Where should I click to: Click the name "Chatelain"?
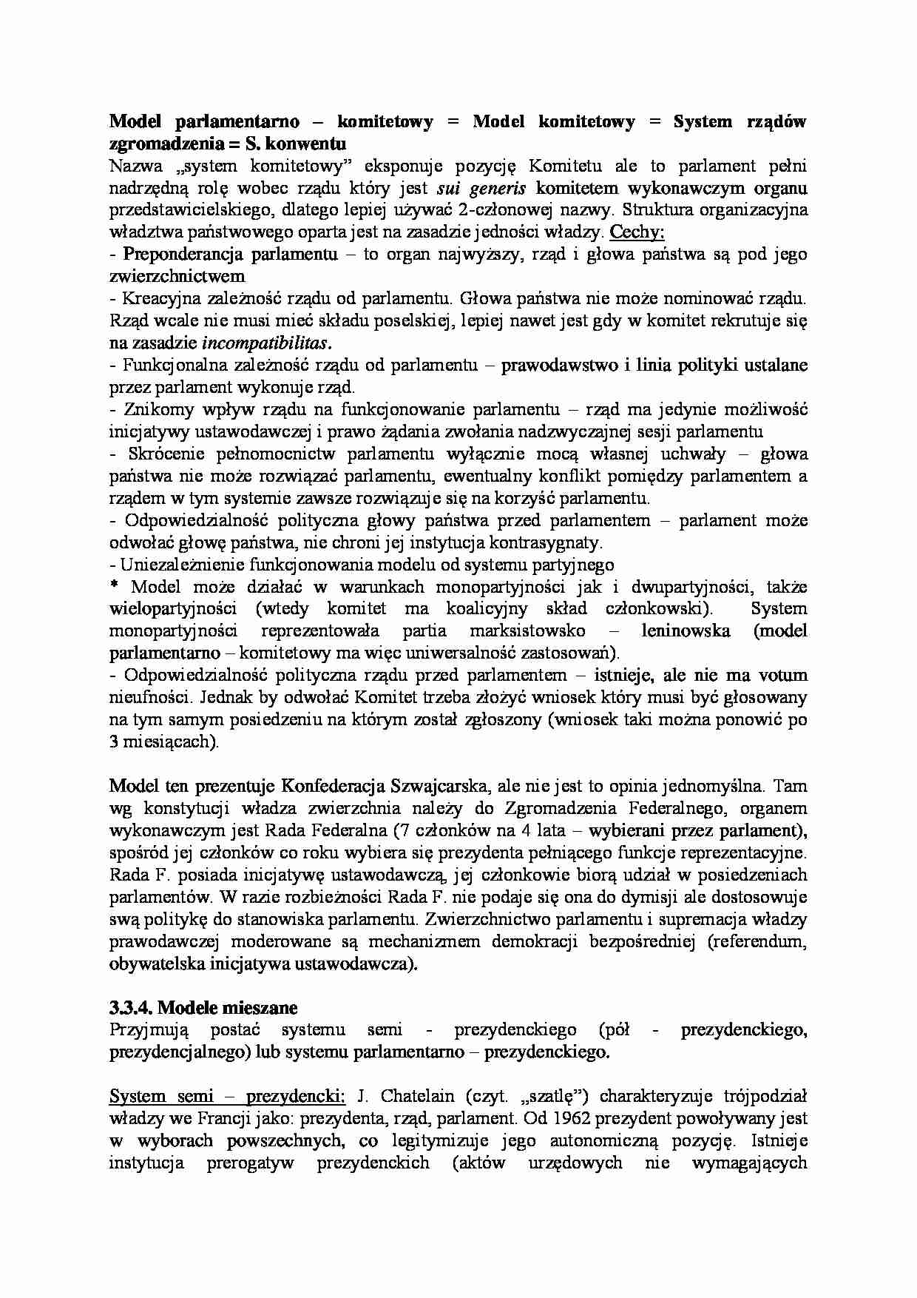point(405,1096)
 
